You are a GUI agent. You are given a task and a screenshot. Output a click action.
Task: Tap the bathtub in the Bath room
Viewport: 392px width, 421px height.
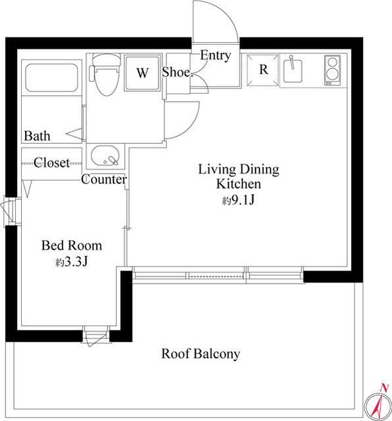coord(51,78)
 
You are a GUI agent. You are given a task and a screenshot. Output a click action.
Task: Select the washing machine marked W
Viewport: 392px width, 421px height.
coord(143,73)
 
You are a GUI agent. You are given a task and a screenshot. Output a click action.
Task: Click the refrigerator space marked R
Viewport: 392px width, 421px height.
coord(263,70)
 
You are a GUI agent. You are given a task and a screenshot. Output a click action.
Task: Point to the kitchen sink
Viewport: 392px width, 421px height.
coord(292,71)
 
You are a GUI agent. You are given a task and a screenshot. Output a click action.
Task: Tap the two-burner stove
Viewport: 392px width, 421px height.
coord(332,70)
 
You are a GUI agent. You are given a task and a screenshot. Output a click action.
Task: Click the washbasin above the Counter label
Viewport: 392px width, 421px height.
coord(105,156)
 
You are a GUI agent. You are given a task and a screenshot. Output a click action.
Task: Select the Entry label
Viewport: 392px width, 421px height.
coord(216,55)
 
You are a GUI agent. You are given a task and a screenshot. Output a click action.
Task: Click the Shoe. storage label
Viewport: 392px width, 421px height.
coord(178,72)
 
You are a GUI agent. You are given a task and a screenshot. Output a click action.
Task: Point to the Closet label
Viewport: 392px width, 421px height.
coord(51,162)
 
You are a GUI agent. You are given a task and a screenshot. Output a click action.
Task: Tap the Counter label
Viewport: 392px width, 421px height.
coord(104,179)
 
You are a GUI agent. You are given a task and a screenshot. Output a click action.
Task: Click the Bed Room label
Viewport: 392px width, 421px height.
coord(72,245)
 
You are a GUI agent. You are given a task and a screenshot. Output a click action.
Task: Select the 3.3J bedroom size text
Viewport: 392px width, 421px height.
coord(72,261)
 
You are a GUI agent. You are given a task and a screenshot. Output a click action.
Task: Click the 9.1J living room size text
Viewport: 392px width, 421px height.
coord(238,199)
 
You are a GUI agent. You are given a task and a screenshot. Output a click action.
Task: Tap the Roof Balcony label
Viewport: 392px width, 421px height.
coord(201,354)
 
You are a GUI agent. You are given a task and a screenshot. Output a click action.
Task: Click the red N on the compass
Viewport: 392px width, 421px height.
coord(385,387)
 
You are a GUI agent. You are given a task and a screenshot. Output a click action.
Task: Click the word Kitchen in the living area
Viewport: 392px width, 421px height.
coord(238,184)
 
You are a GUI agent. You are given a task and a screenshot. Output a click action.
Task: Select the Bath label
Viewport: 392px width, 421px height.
coord(37,135)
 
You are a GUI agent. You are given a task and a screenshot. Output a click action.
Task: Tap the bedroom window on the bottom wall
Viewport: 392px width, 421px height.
coord(96,335)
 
